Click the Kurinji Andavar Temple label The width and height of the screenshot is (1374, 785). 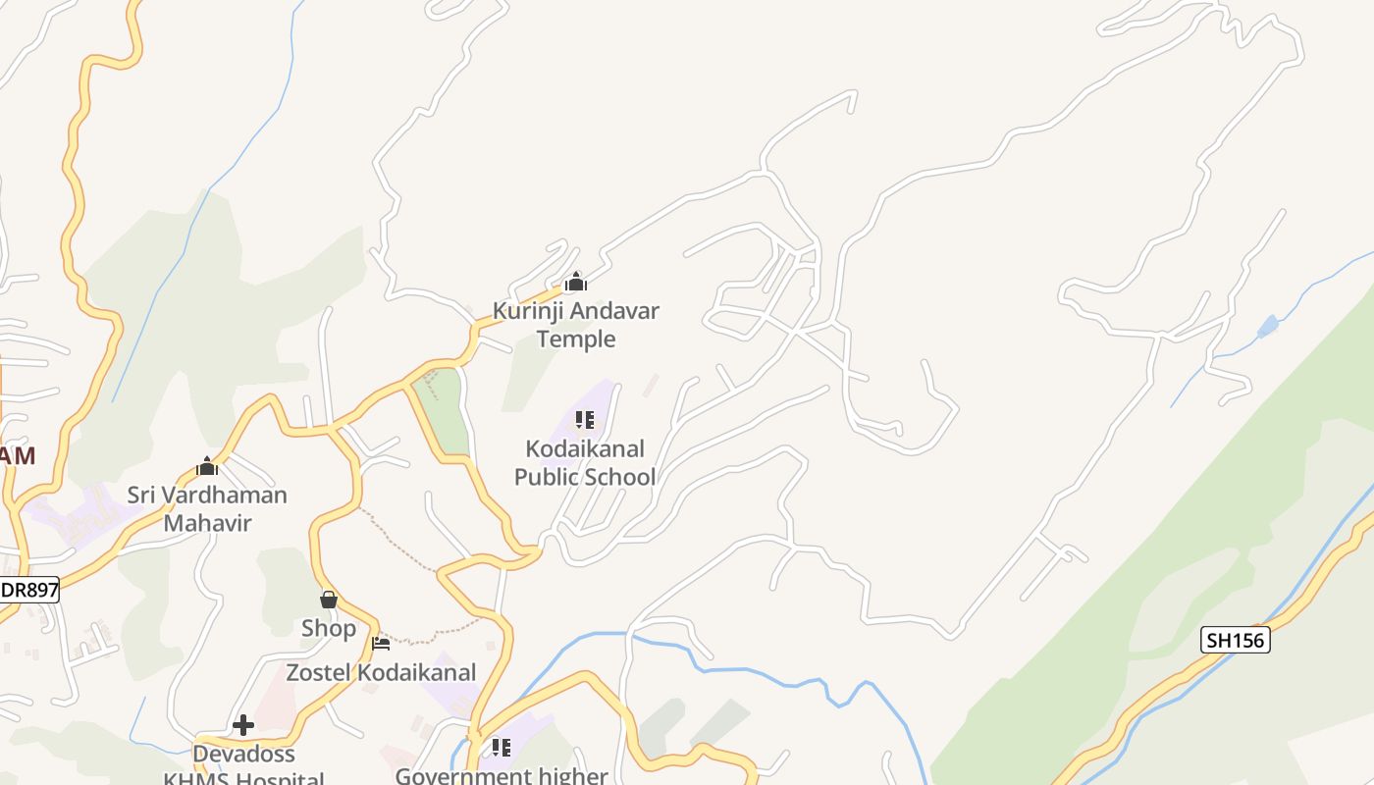click(x=575, y=325)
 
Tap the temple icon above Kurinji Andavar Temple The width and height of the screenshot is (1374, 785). click(x=576, y=284)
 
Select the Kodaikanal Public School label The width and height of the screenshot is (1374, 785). click(x=585, y=463)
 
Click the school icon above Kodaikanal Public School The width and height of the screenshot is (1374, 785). click(x=585, y=421)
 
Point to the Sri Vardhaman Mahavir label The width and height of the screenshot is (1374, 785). click(x=207, y=508)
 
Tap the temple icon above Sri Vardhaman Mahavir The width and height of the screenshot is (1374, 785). click(x=207, y=465)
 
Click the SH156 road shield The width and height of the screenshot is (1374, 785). click(x=1236, y=641)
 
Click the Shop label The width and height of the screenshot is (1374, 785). click(x=329, y=628)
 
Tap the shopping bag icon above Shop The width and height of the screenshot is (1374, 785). click(x=329, y=599)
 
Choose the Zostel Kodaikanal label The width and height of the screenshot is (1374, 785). click(x=381, y=673)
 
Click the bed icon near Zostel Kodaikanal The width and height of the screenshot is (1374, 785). click(x=381, y=644)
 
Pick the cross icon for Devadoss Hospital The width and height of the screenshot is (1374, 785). click(x=243, y=725)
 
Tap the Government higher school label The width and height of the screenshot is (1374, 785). click(x=502, y=775)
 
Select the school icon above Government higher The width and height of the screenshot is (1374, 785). click(x=502, y=748)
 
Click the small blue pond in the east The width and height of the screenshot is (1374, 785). click(x=1268, y=326)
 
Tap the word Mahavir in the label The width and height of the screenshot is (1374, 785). click(x=207, y=523)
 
